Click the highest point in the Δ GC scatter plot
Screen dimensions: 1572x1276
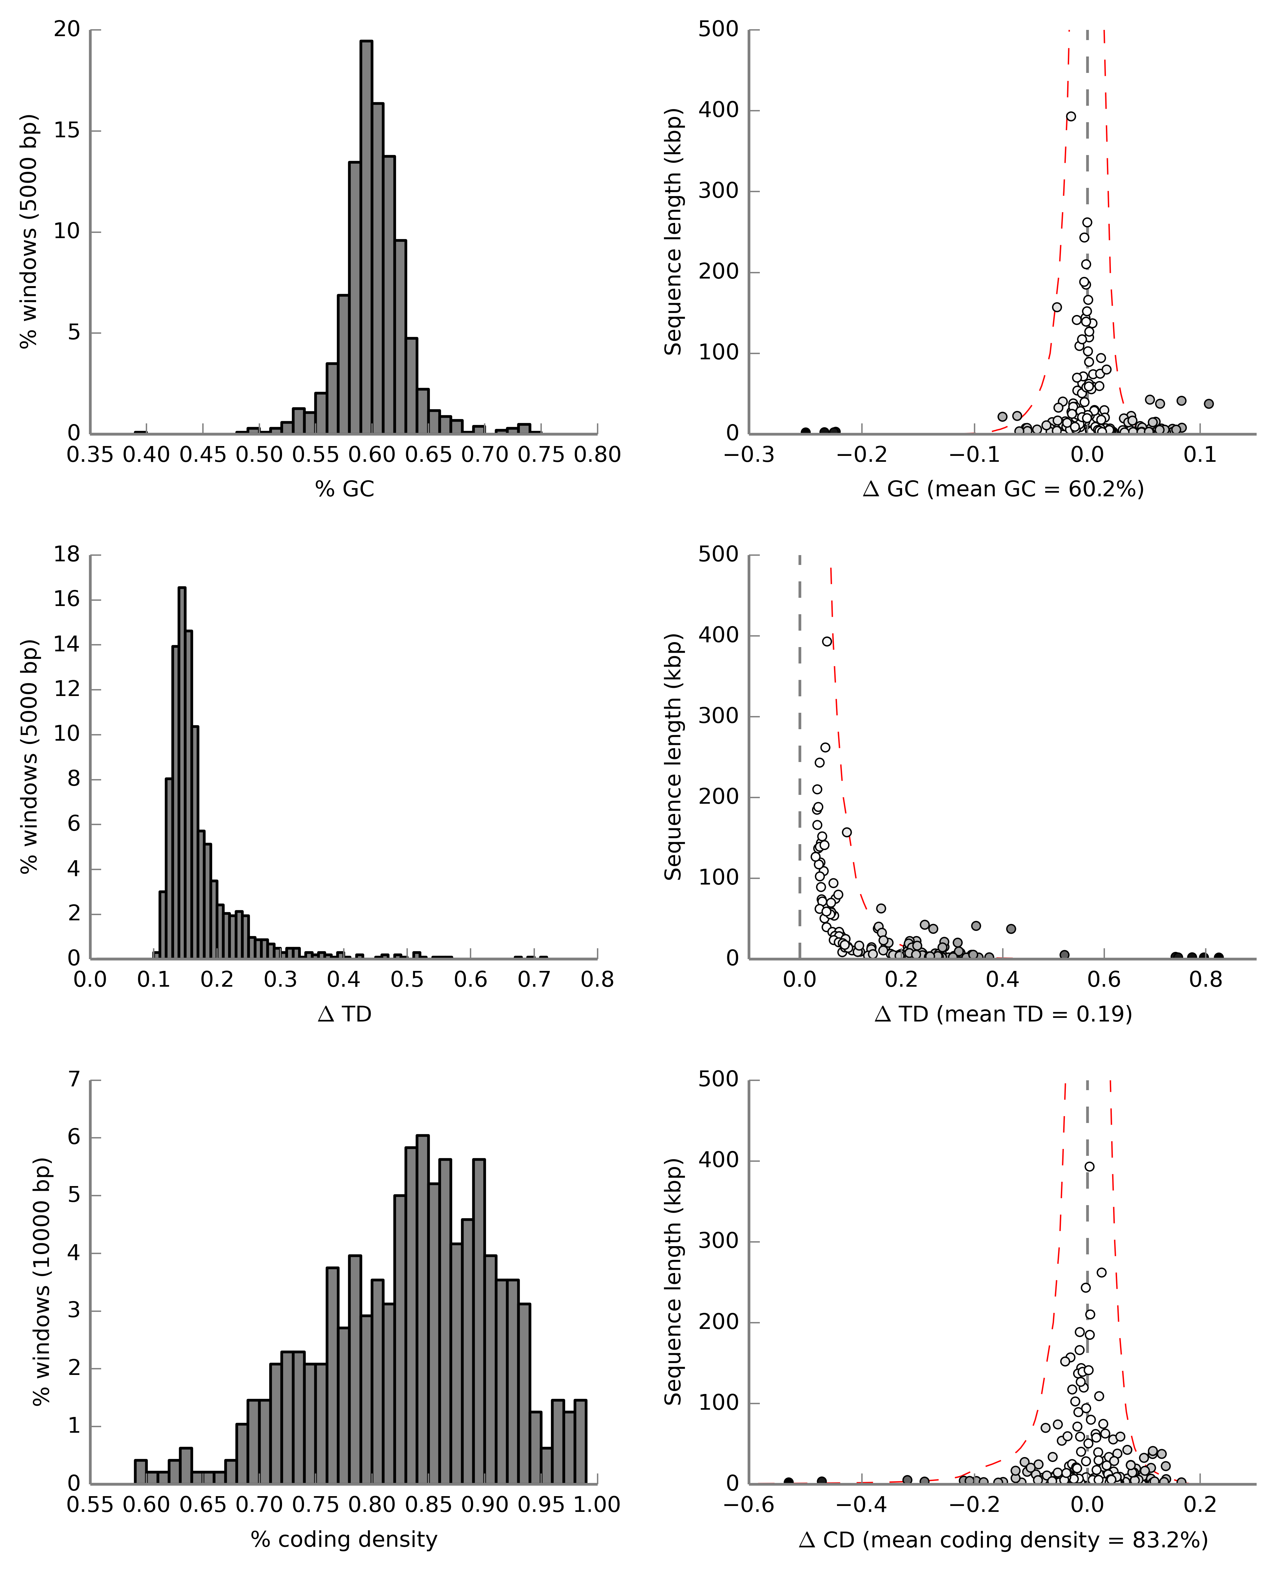(1071, 116)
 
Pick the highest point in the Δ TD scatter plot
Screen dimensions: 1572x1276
(827, 641)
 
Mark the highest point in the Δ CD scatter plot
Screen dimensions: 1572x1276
(1089, 1166)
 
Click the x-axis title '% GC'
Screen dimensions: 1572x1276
(345, 489)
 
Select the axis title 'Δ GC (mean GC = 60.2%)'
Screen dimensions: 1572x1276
(1003, 489)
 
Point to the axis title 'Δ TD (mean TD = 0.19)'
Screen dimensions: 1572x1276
(1003, 1014)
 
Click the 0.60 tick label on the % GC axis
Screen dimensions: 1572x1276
(372, 455)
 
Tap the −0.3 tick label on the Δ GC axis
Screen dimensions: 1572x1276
(749, 455)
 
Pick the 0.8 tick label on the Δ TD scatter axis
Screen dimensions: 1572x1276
(1205, 980)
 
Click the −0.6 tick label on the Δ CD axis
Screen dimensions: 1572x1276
(749, 1505)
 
